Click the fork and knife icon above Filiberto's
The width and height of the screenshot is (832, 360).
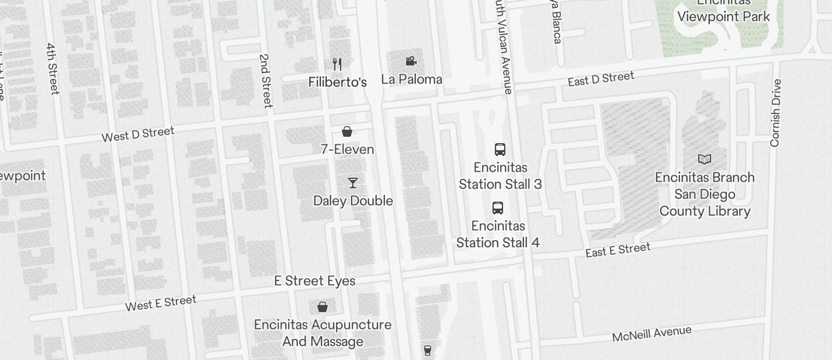[x=337, y=64]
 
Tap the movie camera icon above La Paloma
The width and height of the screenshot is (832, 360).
[x=411, y=61]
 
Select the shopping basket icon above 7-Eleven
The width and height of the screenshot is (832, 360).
[x=347, y=131]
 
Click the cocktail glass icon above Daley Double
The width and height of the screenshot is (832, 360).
[x=353, y=183]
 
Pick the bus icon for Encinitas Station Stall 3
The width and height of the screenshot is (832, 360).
[x=500, y=150]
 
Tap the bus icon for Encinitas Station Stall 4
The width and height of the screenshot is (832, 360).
[x=498, y=208]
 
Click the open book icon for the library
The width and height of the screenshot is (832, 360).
[x=705, y=159]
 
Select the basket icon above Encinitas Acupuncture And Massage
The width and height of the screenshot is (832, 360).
[x=323, y=307]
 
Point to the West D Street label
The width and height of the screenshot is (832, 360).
[x=138, y=134]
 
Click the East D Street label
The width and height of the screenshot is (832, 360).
[x=601, y=79]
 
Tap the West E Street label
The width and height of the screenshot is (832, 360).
[x=161, y=303]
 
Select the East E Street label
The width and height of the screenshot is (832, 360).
[x=618, y=250]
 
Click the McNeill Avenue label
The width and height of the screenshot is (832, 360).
[x=651, y=334]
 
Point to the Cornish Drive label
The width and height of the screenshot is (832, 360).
[x=775, y=113]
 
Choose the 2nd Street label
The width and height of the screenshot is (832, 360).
[x=265, y=81]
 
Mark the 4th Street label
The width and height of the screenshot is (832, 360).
[x=53, y=68]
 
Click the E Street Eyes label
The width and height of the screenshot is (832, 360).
[x=315, y=281]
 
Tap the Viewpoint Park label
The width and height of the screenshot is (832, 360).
[x=723, y=16]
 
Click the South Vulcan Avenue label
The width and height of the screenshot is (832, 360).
[x=503, y=47]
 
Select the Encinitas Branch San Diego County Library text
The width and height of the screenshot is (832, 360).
[x=705, y=194]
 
